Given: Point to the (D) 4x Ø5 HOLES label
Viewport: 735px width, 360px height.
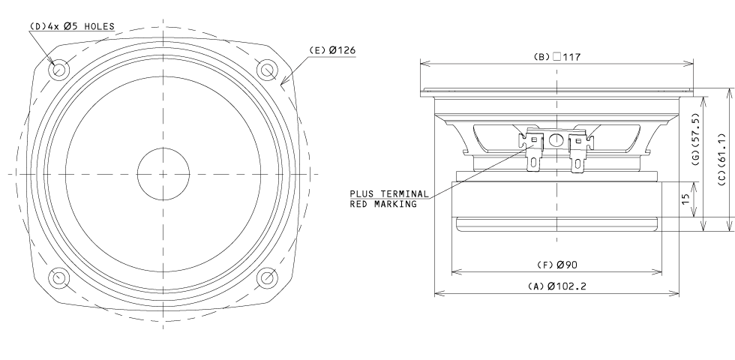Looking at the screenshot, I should (x=72, y=26).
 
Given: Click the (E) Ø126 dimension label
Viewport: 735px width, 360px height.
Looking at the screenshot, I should (x=331, y=50).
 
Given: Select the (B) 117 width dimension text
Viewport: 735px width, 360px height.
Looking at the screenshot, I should (x=558, y=55).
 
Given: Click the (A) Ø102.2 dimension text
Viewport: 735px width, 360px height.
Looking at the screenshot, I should (x=556, y=286).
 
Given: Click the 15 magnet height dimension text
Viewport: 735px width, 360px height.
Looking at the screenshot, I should (x=685, y=199).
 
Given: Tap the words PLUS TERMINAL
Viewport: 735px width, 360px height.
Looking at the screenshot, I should (x=388, y=194).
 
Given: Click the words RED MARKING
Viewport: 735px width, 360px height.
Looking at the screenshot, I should (x=383, y=204).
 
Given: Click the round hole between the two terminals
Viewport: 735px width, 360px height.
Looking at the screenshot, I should (x=556, y=140).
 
